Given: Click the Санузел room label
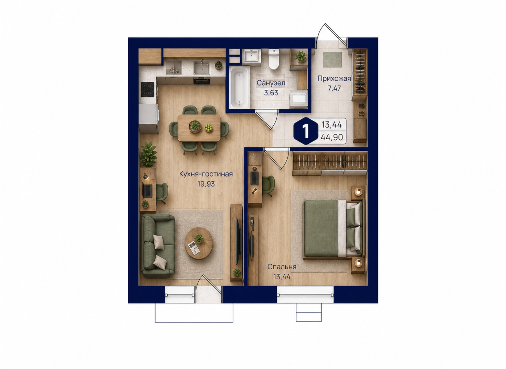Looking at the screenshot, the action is (x=271, y=83).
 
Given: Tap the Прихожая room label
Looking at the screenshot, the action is (x=334, y=79).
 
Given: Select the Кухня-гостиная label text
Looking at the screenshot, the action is (x=206, y=174).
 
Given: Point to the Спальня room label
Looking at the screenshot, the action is (x=282, y=267).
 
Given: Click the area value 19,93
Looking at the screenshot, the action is (x=206, y=184).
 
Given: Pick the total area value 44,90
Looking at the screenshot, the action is (x=332, y=137).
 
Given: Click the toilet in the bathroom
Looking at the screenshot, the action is (x=274, y=59).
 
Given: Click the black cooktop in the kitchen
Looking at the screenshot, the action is (x=148, y=89).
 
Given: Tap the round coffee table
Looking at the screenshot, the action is (x=199, y=243).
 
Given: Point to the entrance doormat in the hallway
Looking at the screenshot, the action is (x=332, y=60).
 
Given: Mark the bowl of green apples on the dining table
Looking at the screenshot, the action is (x=209, y=128).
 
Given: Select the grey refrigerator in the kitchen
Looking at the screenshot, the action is (x=148, y=119).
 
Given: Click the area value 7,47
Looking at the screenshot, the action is (x=334, y=88).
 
